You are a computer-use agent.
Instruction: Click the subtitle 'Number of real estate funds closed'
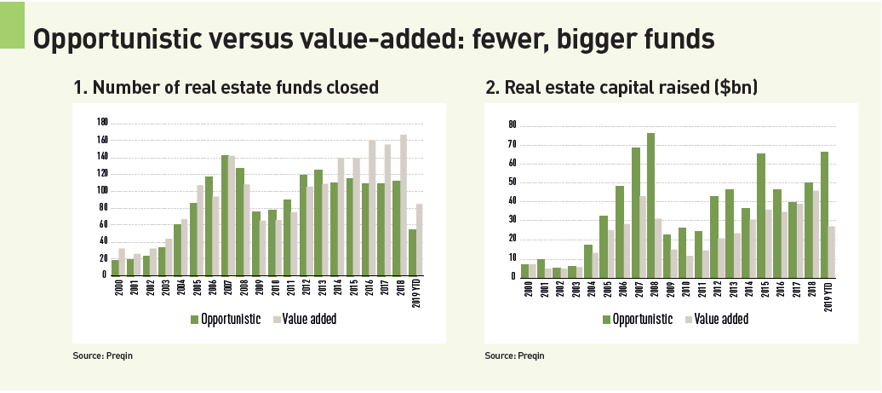[x=226, y=87]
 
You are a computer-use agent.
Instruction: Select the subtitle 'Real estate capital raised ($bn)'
[x=621, y=87]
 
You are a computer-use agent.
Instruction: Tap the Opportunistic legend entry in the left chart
[x=224, y=319]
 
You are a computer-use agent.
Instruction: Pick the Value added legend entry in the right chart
[x=714, y=319]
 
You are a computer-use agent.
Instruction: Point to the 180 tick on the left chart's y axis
[x=103, y=122]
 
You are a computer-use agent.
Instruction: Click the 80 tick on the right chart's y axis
[x=513, y=124]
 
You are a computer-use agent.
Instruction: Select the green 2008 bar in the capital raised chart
[x=650, y=205]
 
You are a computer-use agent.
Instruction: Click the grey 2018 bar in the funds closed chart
[x=403, y=205]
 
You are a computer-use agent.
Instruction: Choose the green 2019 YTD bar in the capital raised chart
[x=825, y=214]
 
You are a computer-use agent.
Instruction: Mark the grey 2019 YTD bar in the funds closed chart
[x=419, y=240]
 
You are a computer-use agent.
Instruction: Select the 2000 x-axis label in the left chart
[x=115, y=286]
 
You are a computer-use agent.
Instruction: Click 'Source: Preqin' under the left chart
[x=103, y=355]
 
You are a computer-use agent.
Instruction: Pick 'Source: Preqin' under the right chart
[x=514, y=355]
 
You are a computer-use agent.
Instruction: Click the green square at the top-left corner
[x=12, y=24]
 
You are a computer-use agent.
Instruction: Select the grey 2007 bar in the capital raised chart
[x=643, y=236]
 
